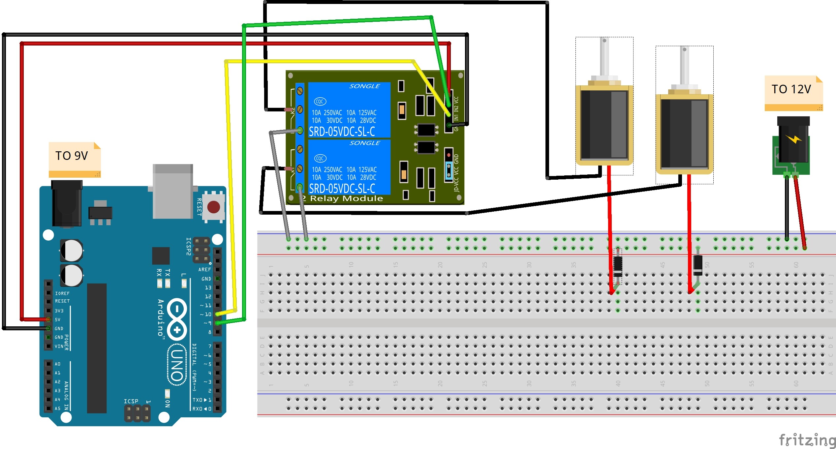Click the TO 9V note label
(x=72, y=156)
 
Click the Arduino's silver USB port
(x=172, y=191)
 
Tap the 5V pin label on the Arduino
(x=58, y=319)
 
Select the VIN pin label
(x=59, y=346)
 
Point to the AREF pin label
(x=204, y=269)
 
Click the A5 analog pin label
(x=58, y=408)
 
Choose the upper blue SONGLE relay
(x=349, y=110)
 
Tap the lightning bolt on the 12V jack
(x=793, y=139)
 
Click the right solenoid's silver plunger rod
(x=684, y=66)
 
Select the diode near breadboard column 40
(x=618, y=266)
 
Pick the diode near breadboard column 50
(x=697, y=265)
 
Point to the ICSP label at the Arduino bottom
(x=131, y=401)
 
